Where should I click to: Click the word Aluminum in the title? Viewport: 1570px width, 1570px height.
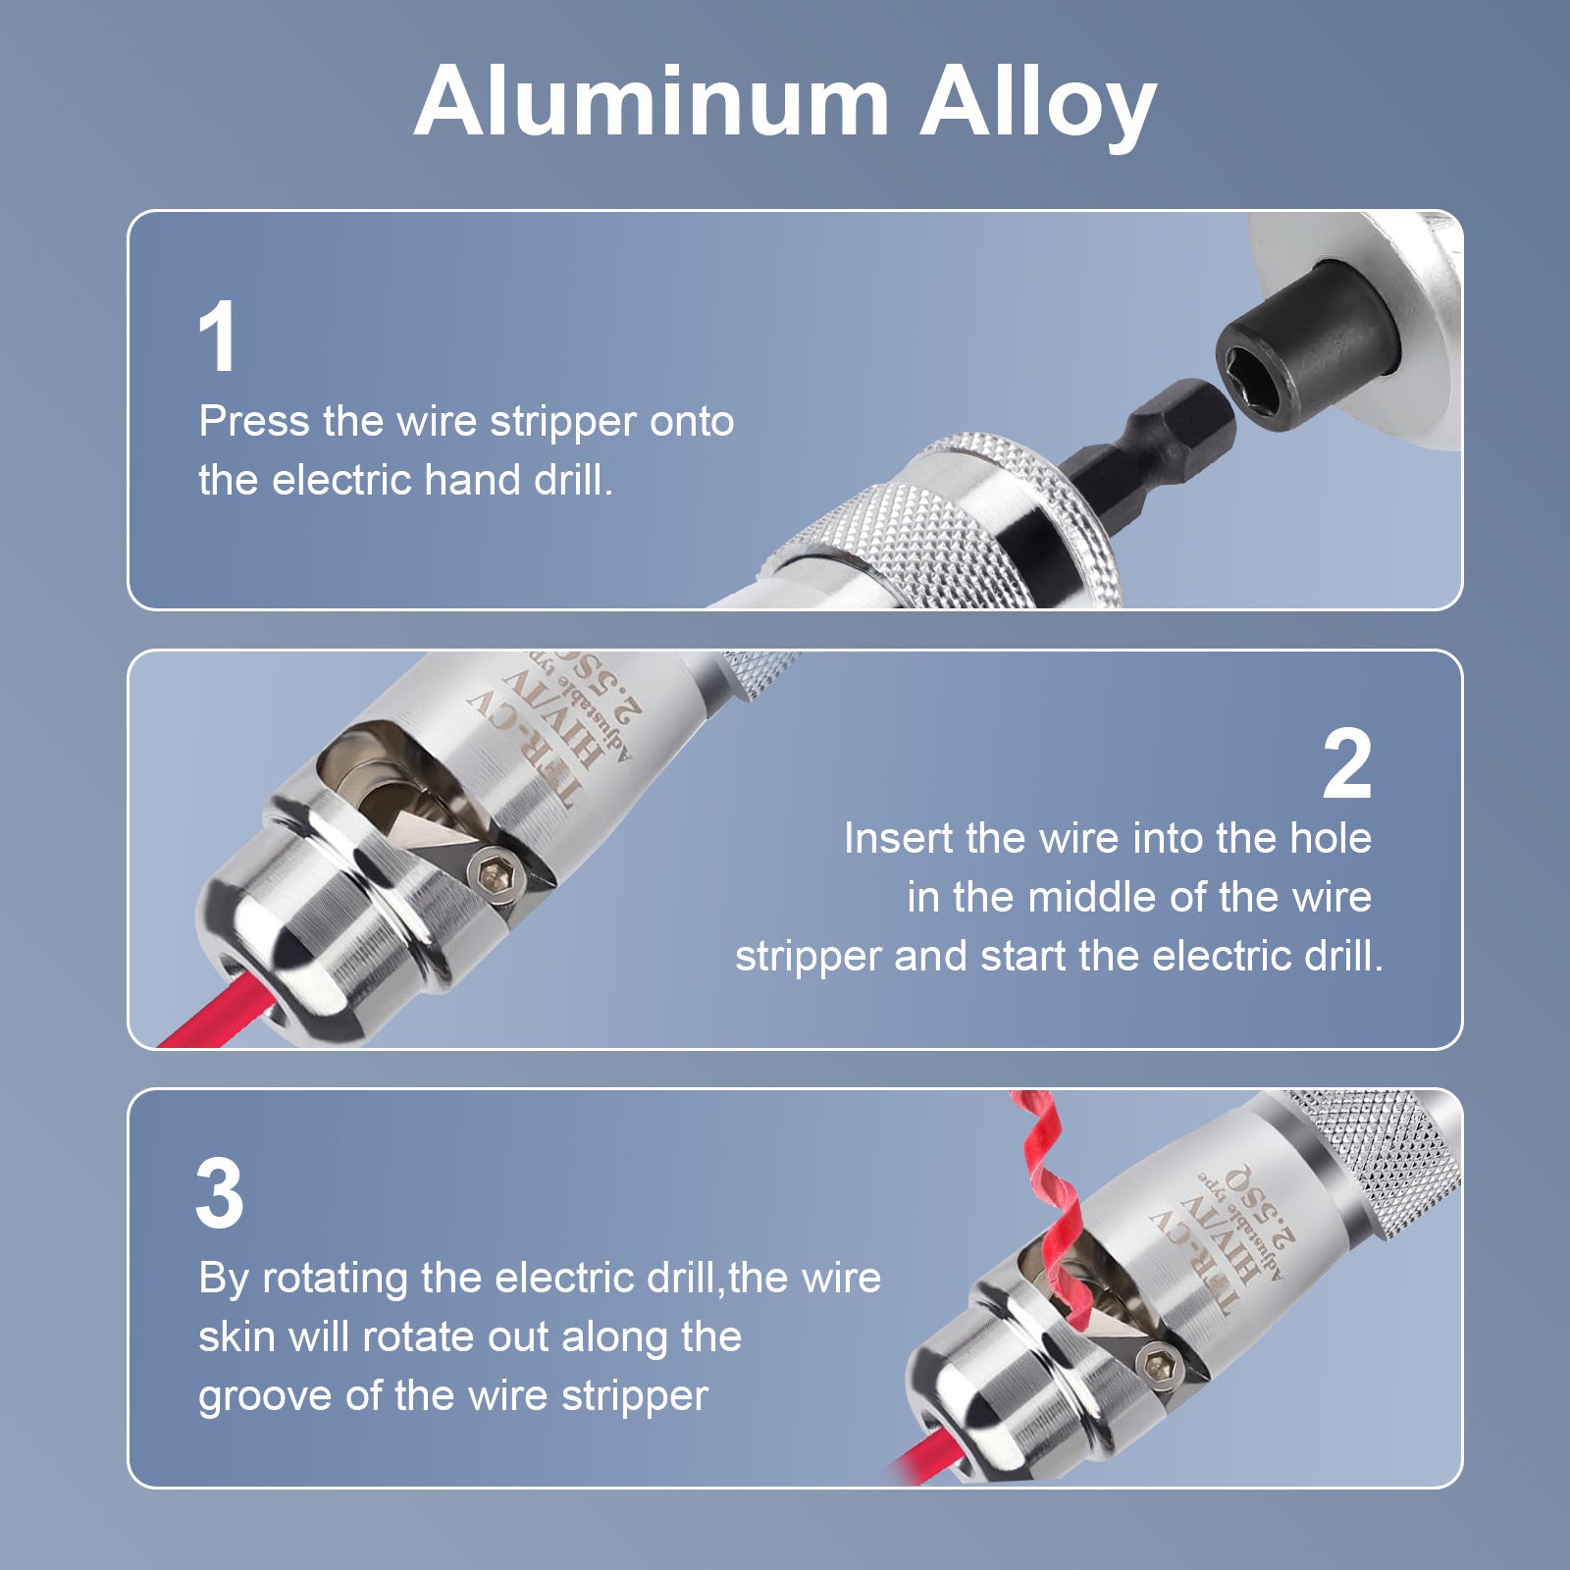pos(652,102)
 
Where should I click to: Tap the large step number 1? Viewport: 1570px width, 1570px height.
pos(218,337)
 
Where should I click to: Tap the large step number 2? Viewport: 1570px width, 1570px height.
pos(1346,764)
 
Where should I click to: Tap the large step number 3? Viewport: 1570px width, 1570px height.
pos(220,1193)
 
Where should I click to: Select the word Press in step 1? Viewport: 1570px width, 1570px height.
pos(254,421)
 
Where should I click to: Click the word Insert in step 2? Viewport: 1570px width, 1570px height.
pos(898,838)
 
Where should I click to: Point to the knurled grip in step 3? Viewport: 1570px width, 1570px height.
pos(1384,1168)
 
